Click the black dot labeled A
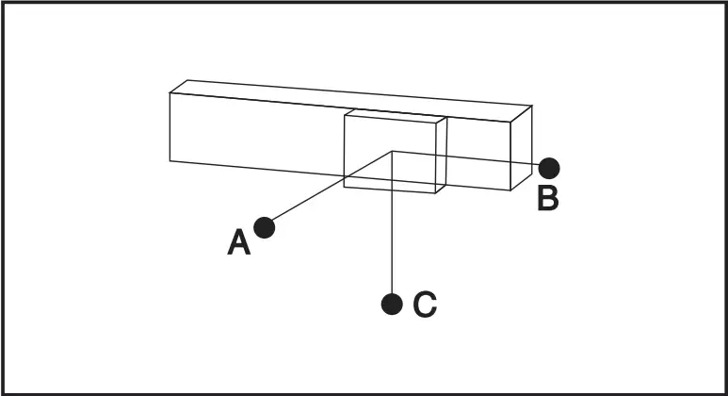[265, 228]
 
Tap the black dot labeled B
[549, 168]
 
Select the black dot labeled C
[392, 304]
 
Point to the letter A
[238, 241]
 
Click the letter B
[548, 198]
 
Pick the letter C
[425, 305]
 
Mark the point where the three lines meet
[392, 151]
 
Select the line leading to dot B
[465, 158]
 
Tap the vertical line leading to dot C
[392, 223]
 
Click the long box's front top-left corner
[170, 93]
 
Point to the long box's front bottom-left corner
[170, 161]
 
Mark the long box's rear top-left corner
[187, 80]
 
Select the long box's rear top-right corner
[532, 106]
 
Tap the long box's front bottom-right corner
[510, 190]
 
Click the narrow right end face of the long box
[522, 148]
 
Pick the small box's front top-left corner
[345, 115]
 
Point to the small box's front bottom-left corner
[344, 187]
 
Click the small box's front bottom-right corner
[435, 192]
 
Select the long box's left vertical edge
[170, 127]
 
